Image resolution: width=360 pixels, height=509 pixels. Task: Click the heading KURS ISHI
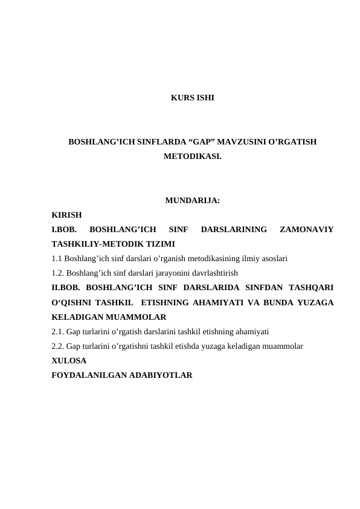(x=191, y=97)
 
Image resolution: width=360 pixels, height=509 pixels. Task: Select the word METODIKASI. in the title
(x=192, y=157)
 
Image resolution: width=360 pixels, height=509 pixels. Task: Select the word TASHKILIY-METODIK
(x=99, y=244)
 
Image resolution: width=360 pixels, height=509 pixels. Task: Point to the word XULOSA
(x=69, y=360)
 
